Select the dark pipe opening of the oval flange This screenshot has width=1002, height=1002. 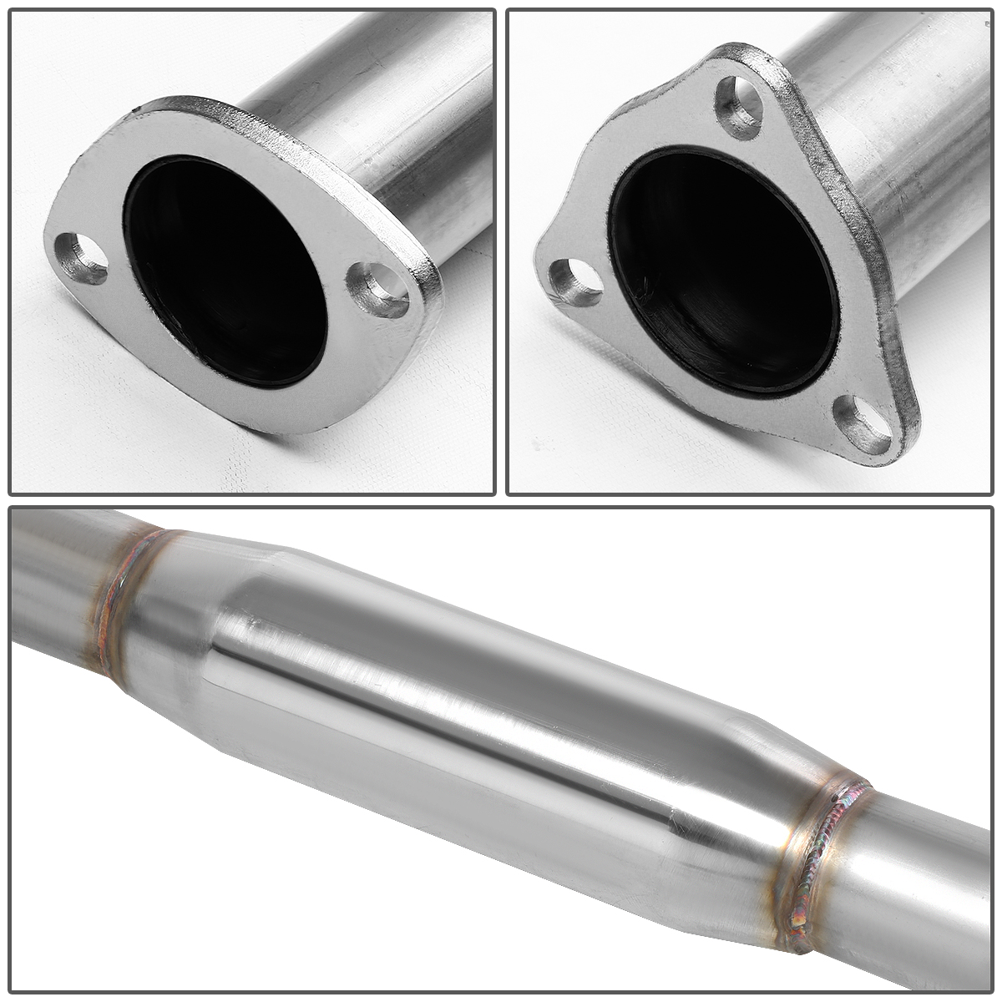pyautogui.click(x=225, y=267)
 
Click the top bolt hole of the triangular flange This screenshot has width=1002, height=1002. pyautogui.click(x=740, y=106)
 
